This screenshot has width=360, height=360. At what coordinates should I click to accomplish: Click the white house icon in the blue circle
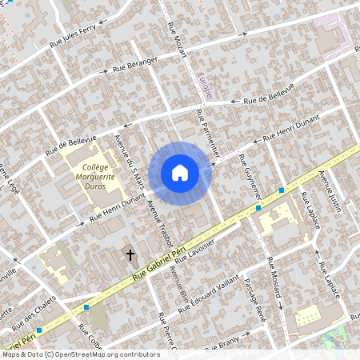(180, 173)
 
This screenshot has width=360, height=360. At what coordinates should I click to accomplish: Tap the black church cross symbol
(130, 255)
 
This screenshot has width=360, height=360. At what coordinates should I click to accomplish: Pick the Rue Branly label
(222, 346)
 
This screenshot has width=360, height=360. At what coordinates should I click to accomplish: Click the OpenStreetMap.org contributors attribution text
(104, 354)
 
